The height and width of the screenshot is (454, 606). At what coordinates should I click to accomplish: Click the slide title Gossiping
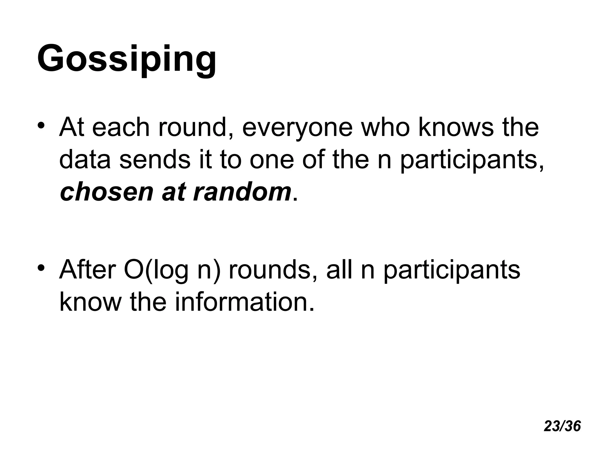(127, 59)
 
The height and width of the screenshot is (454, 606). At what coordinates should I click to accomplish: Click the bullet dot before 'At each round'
(41, 124)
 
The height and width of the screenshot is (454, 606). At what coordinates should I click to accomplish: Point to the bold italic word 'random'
(242, 192)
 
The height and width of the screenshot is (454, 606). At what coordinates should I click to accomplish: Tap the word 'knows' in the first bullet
(456, 128)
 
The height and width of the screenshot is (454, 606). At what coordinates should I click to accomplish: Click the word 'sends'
(155, 160)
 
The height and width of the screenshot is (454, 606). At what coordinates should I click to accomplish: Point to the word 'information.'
(244, 302)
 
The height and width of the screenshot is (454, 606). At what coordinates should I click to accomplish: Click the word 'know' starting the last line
(90, 302)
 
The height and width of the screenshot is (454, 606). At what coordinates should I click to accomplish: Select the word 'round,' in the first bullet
(195, 128)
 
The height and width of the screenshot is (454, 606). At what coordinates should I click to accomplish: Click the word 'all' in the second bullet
(339, 270)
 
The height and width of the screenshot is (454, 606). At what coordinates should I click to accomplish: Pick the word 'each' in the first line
(121, 128)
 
